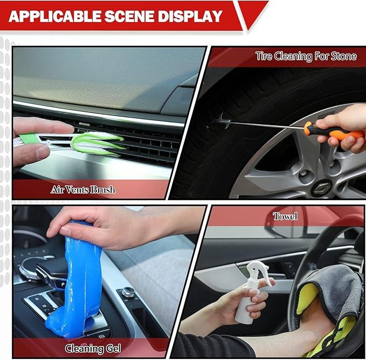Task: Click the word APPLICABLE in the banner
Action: [55, 16]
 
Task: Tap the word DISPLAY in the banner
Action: [190, 16]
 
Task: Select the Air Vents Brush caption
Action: [83, 189]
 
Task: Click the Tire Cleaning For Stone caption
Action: [306, 56]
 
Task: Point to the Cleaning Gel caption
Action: [93, 348]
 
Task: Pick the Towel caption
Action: [285, 216]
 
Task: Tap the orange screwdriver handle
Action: [334, 131]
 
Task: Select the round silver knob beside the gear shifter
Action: [128, 291]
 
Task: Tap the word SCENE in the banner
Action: [129, 16]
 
